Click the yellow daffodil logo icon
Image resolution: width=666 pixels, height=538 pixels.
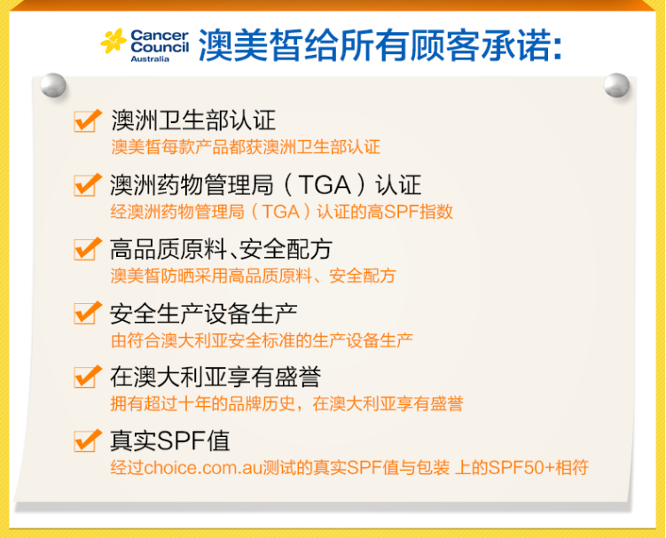point(114,41)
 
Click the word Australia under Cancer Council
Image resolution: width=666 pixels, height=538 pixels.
point(150,59)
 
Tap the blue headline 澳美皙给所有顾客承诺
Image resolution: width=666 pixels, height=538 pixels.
point(380,45)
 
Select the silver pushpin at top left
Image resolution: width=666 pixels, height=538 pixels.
point(53,85)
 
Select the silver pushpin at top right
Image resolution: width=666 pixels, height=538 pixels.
point(616,85)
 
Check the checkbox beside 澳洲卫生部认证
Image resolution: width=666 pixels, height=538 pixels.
point(87,121)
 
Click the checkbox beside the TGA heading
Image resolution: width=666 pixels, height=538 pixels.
point(87,184)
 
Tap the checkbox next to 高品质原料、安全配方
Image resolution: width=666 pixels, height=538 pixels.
point(87,249)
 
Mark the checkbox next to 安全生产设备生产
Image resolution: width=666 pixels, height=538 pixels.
point(87,313)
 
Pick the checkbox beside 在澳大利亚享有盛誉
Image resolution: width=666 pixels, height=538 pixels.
point(87,377)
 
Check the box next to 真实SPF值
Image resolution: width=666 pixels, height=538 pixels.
point(87,441)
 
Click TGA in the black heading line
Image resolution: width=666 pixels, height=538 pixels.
point(325,185)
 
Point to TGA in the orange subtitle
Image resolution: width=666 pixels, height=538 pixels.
point(281,212)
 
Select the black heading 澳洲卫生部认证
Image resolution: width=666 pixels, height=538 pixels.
point(193,121)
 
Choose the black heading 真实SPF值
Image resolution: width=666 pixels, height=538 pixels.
point(170,441)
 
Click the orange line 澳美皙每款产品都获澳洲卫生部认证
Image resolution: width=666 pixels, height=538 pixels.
point(246,147)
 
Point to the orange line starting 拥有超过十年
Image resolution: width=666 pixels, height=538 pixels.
point(286,403)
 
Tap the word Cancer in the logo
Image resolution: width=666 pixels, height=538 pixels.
point(160,35)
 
